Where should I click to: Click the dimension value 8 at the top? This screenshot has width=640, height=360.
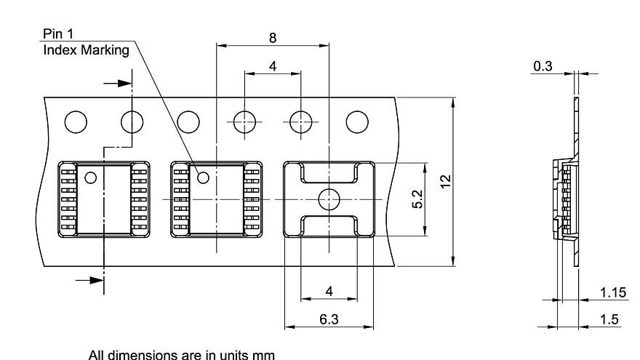pos(273,38)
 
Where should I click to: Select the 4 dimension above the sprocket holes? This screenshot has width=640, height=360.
pos(273,66)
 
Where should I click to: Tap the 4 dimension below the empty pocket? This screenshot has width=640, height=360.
pos(329,291)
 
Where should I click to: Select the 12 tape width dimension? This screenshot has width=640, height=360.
pos(445,182)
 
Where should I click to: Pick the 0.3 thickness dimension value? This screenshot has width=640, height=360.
pos(543,66)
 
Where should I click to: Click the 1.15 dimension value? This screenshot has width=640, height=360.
pos(613,292)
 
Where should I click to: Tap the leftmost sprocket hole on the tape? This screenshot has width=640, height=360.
pos(76,121)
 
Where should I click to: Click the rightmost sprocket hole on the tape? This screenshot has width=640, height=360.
pos(357,121)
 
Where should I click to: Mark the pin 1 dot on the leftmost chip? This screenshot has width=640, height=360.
pos(91,177)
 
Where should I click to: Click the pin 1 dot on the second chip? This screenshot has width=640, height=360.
pos(204,177)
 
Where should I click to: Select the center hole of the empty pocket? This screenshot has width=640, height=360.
pos(329,198)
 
